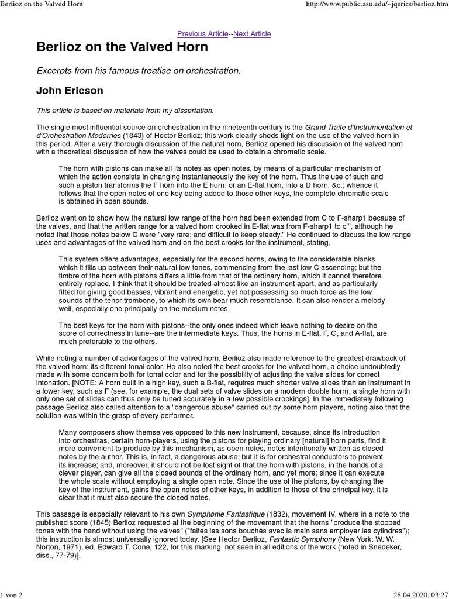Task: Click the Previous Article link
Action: (x=202, y=34)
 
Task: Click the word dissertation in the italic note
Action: (x=195, y=110)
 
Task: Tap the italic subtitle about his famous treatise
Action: (x=139, y=71)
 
